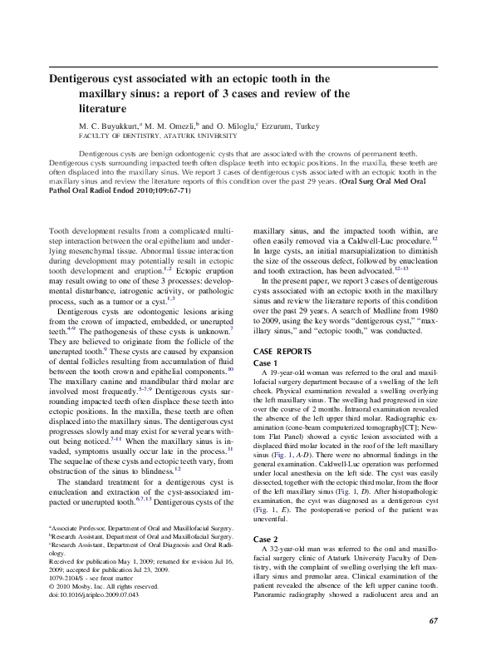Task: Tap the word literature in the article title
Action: click(x=104, y=107)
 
